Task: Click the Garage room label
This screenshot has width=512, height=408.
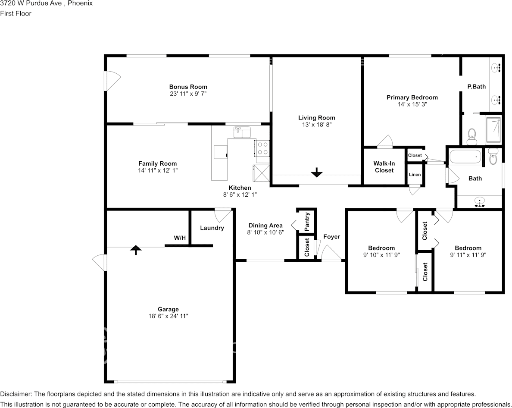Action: [168, 309]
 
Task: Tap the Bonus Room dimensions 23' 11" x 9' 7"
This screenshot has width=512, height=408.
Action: [188, 94]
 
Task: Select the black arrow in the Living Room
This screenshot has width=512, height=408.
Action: [317, 173]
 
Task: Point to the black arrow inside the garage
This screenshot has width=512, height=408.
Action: [136, 250]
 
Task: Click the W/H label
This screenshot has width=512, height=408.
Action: [180, 238]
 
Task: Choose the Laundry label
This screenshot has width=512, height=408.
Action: [212, 228]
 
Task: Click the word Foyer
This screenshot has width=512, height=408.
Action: [331, 237]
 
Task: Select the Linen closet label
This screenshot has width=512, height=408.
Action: [415, 175]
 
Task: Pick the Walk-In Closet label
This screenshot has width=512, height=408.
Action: [384, 167]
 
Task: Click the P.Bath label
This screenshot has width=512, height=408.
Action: [476, 86]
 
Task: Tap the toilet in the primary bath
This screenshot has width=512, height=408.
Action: [471, 136]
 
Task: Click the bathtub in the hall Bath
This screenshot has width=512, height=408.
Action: [465, 157]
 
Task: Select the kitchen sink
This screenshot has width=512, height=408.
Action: [242, 132]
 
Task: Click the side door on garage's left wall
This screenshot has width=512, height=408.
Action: [100, 262]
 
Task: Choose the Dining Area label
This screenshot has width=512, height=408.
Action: [265, 225]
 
